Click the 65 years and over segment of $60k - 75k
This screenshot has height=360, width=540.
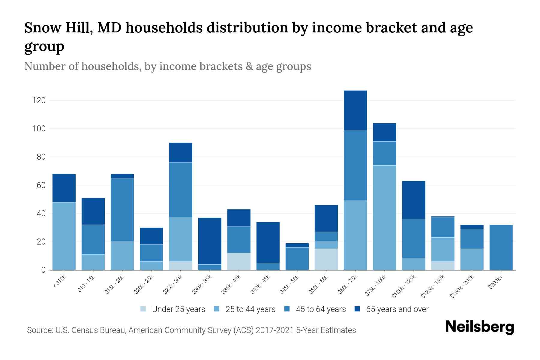pyautogui.click(x=355, y=110)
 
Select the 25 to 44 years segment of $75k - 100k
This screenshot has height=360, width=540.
pyautogui.click(x=384, y=217)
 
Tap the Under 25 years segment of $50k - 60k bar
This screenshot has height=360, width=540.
pyautogui.click(x=326, y=259)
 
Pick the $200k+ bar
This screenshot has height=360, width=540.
pyautogui.click(x=501, y=247)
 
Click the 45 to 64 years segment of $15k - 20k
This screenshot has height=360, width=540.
pyautogui.click(x=122, y=210)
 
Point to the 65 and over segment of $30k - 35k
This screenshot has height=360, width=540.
pyautogui.click(x=210, y=241)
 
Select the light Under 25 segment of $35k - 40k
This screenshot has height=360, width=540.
pyautogui.click(x=239, y=261)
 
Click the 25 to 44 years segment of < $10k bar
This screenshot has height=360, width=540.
pyautogui.click(x=64, y=236)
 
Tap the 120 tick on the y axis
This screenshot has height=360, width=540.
pyautogui.click(x=39, y=100)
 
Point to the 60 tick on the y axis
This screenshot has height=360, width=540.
pyautogui.click(x=41, y=185)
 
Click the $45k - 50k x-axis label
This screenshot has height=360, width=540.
pyautogui.click(x=290, y=285)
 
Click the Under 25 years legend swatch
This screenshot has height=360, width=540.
pyautogui.click(x=143, y=309)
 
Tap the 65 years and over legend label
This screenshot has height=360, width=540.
pyautogui.click(x=397, y=309)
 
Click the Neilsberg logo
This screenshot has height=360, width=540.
pyautogui.click(x=479, y=327)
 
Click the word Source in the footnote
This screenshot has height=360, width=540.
pyautogui.click(x=40, y=330)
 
